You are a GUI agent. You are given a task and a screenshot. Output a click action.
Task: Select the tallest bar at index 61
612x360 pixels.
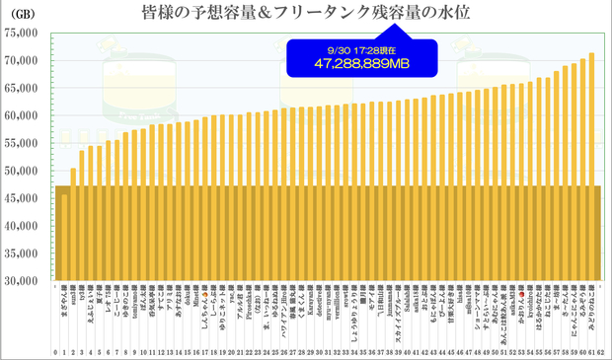tap(591, 167)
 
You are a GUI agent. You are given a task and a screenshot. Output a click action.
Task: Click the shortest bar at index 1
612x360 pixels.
tap(65, 237)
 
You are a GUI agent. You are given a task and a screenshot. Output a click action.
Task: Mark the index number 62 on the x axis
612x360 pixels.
tap(600, 350)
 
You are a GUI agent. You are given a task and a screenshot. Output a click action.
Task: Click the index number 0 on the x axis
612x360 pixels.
tap(56, 350)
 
